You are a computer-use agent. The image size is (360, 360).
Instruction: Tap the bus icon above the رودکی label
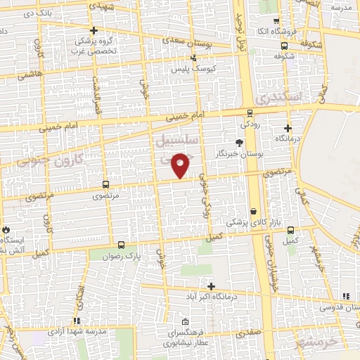250,113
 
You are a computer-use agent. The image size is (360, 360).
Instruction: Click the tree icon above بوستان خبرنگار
240,142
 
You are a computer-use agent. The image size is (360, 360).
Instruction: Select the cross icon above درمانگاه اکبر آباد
211,285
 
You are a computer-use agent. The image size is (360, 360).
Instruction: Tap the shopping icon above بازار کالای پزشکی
253,211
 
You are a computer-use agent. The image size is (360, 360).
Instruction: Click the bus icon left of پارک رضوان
122,245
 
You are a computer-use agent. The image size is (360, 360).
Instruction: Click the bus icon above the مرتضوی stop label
105,185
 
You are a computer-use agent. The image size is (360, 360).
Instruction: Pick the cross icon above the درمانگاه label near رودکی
288,128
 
